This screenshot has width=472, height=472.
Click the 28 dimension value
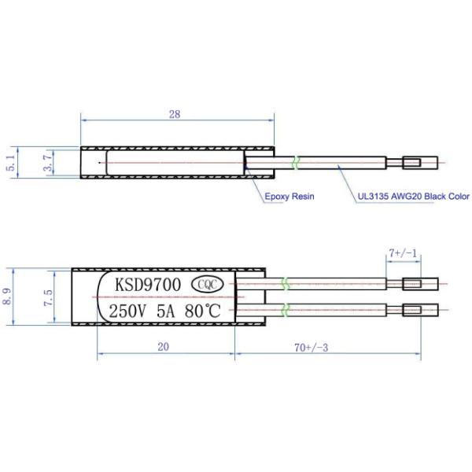click(175, 114)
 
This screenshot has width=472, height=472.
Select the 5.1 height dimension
click(11, 163)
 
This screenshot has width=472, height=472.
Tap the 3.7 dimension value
click(47, 163)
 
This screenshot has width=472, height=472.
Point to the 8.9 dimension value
click(7, 297)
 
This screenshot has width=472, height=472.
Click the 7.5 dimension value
click(48, 297)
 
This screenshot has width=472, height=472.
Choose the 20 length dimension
click(163, 347)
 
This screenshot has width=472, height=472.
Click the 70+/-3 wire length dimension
click(311, 348)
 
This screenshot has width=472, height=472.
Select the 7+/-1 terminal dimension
click(403, 253)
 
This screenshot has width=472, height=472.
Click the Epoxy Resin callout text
click(289, 196)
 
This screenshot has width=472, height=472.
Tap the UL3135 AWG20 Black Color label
click(413, 196)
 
